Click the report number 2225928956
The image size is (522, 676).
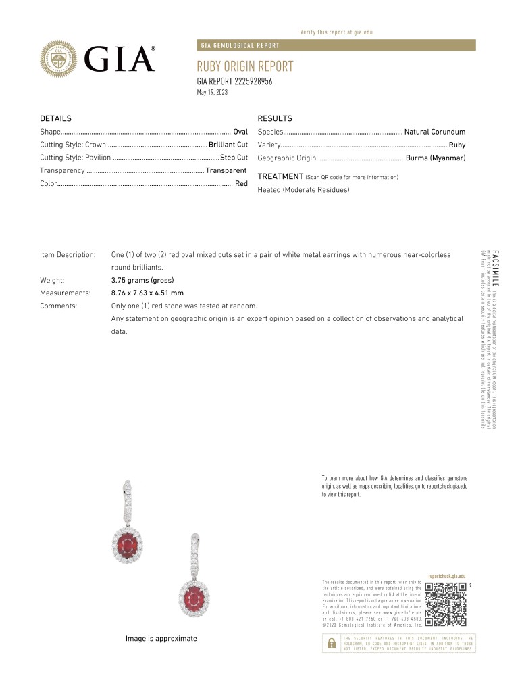(x=234, y=82)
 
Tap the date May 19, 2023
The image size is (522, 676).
(x=212, y=92)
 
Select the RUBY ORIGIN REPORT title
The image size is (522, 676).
(x=245, y=66)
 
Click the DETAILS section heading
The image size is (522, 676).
(x=55, y=118)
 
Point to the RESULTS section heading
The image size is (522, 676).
(x=274, y=118)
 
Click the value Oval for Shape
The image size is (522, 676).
(x=240, y=132)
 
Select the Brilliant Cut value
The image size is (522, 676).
(x=228, y=145)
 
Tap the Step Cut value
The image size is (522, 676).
(x=234, y=158)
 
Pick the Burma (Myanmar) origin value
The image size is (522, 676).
(x=436, y=158)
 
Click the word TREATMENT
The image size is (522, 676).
(x=280, y=176)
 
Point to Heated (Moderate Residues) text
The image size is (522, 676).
(x=303, y=190)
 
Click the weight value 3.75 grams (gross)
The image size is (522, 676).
(x=142, y=280)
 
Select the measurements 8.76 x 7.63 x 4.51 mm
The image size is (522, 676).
(x=147, y=293)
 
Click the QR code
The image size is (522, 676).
(x=446, y=602)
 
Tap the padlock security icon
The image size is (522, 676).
(x=331, y=644)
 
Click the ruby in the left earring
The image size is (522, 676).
(x=132, y=543)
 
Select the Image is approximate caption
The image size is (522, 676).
(x=161, y=639)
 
